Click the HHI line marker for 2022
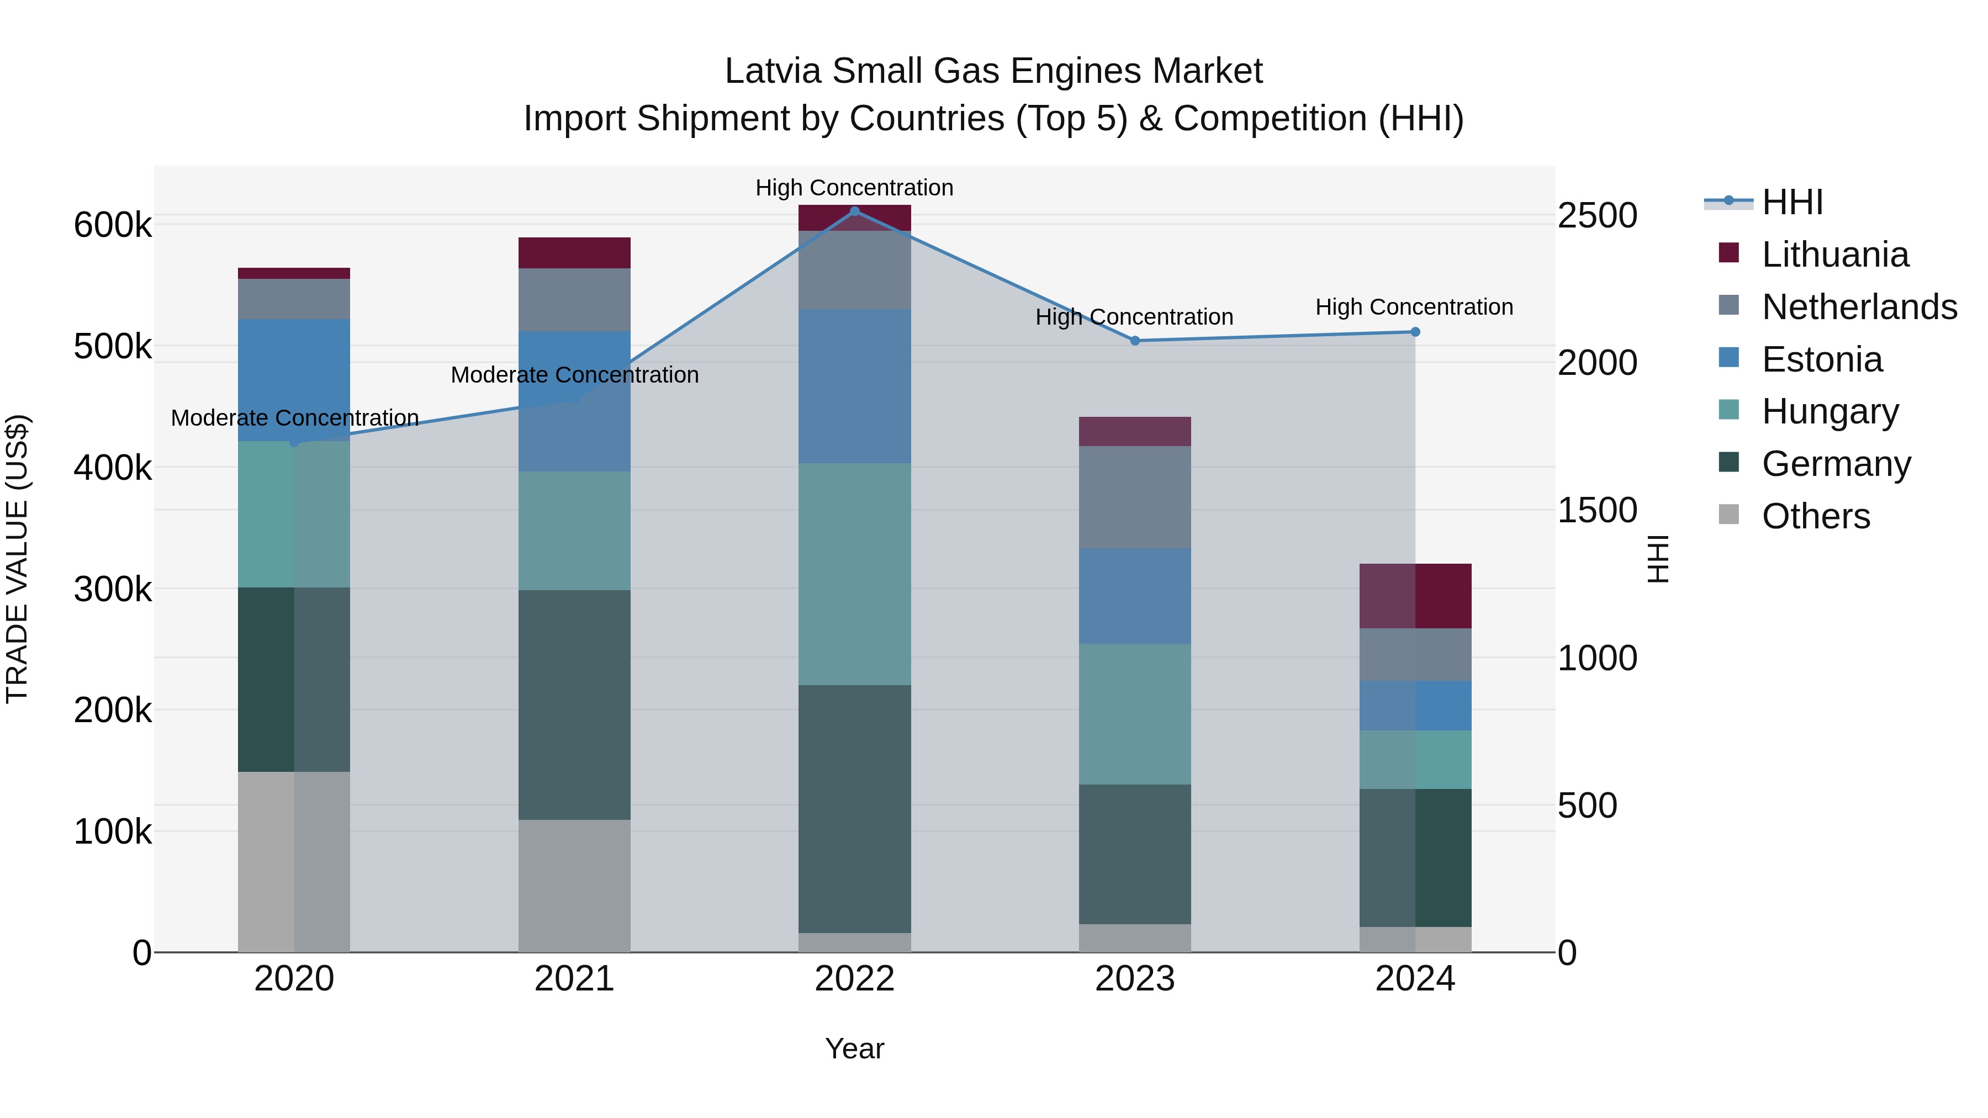(854, 211)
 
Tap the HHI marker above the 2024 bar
(1415, 332)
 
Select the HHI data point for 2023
(1134, 340)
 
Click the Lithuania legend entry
(1834, 255)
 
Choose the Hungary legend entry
(1830, 411)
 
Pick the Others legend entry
(1815, 516)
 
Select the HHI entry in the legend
(1792, 202)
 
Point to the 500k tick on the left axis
(113, 346)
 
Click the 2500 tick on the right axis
(1596, 215)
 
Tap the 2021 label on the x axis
(574, 979)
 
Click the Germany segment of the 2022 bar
(854, 809)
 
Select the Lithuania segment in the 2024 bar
(1415, 596)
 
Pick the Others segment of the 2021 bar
(574, 885)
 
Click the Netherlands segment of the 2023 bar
(1134, 497)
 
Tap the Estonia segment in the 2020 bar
(293, 380)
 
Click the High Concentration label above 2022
(854, 188)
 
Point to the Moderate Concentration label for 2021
(574, 375)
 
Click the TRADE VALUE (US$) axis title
(18, 559)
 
